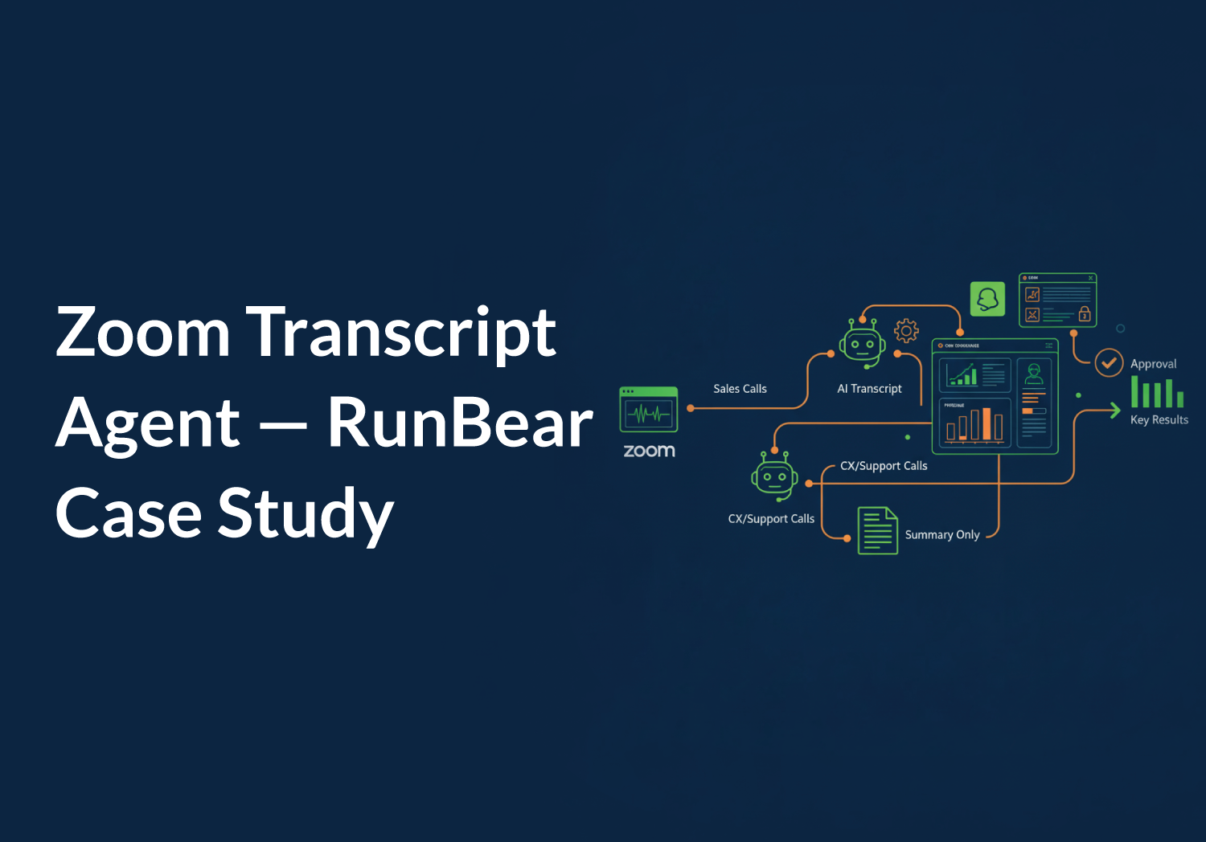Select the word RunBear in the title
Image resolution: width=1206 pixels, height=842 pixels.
tap(460, 423)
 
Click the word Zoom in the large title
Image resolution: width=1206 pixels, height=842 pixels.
tap(143, 332)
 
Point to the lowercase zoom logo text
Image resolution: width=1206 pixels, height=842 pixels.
tap(649, 451)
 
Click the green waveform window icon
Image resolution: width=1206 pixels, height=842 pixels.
tap(649, 409)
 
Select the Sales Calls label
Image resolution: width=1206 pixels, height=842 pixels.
tap(740, 389)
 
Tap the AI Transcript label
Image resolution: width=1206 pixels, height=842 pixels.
tap(869, 389)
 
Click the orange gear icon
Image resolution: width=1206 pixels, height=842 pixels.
tap(906, 330)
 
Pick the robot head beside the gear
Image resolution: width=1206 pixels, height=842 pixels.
tap(863, 344)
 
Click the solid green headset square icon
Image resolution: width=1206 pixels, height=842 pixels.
tap(987, 299)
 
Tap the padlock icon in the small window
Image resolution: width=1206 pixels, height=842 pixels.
tap(1085, 313)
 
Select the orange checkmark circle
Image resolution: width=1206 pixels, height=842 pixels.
tap(1109, 362)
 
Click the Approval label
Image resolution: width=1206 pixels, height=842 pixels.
tap(1153, 364)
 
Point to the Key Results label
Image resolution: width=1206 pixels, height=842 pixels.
tap(1159, 419)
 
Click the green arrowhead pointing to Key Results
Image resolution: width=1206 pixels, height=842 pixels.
tap(1114, 411)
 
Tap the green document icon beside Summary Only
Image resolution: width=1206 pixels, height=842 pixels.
tap(877, 530)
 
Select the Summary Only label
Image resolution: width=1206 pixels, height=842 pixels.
tap(942, 535)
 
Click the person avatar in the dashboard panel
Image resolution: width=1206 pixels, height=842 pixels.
tap(1034, 374)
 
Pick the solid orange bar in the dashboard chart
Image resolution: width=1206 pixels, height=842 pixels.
tap(987, 423)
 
